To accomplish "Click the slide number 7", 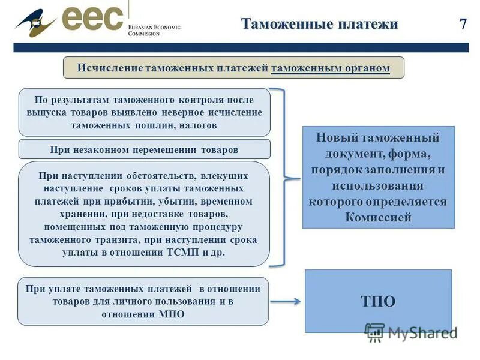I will pos(463,24).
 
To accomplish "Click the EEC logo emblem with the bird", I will pos(36,23).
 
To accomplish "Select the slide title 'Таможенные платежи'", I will pos(319,24).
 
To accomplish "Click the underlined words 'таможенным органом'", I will pos(330,68).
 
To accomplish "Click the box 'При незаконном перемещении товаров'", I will pos(144,149).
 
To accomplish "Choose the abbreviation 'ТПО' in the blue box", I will pos(378,301).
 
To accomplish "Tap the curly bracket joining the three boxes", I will pos(284,177).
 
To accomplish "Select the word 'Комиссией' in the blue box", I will pos(378,217).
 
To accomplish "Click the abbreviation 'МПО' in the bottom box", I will pos(173,314).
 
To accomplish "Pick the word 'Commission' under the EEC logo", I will pos(144,34).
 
